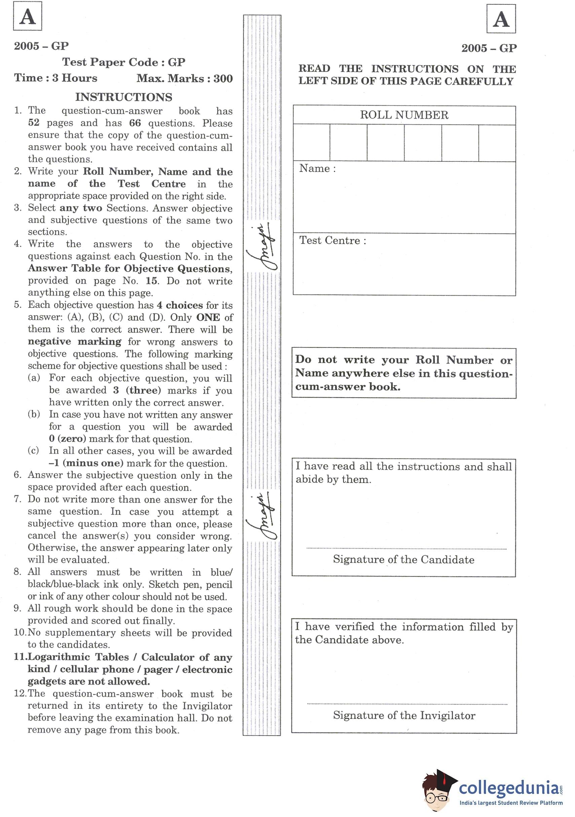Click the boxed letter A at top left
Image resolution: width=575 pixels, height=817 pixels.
point(27,16)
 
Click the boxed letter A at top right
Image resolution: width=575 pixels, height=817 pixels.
point(501,19)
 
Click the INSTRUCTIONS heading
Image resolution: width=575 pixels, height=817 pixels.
point(123,97)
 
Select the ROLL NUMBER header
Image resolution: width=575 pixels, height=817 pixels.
point(404,115)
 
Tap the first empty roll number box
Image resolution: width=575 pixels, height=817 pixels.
point(312,143)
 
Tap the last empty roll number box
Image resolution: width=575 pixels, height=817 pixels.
point(497,143)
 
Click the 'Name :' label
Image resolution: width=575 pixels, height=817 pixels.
point(317,168)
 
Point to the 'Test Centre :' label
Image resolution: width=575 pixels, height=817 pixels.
point(332,240)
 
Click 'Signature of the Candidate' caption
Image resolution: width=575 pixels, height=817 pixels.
point(403,559)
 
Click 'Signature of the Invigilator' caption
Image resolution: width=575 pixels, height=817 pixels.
point(404,715)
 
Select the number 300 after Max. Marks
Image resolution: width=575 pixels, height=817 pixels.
point(223,79)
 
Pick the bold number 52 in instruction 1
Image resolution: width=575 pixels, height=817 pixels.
point(34,123)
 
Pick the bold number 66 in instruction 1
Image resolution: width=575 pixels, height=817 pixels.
point(135,123)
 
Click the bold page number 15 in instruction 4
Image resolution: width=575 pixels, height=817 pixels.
point(151,281)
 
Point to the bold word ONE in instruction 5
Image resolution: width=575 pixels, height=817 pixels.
point(208,317)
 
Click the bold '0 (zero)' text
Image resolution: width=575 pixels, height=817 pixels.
point(68,439)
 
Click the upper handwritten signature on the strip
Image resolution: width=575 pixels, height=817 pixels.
point(262,247)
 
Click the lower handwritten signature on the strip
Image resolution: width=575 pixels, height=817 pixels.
point(262,516)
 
